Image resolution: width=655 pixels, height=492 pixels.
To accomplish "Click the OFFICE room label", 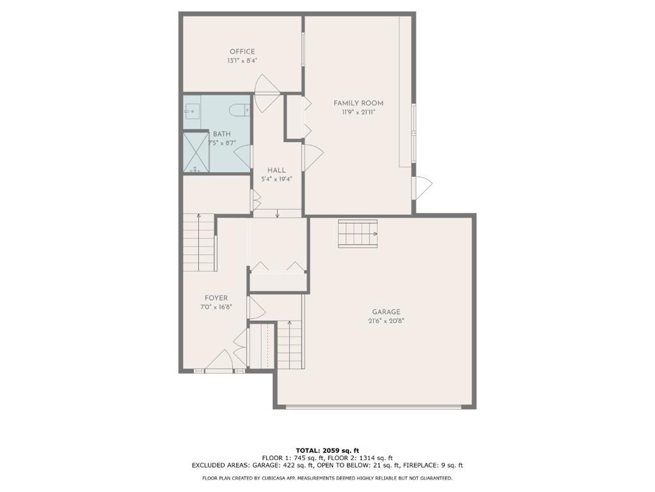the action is (x=242, y=52).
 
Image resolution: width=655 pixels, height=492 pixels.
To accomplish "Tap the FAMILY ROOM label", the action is (x=358, y=103).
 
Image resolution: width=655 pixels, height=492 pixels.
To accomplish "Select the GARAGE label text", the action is (x=386, y=312).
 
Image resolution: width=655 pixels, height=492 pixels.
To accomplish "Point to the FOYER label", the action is (x=216, y=299).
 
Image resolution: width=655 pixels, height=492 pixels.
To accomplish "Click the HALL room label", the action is (x=276, y=170).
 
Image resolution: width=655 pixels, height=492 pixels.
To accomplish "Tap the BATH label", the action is (x=222, y=135).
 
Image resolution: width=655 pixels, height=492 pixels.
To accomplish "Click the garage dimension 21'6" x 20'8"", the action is (x=386, y=322).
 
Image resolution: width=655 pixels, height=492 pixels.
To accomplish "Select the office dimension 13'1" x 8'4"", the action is (x=242, y=61).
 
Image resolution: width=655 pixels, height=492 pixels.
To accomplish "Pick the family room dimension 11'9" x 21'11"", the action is (x=358, y=113).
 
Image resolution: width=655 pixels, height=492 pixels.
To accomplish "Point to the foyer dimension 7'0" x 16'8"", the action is (x=216, y=307).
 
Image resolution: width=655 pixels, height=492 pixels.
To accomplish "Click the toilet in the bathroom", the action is (x=239, y=110).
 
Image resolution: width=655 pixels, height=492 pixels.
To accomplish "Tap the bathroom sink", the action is (x=191, y=111).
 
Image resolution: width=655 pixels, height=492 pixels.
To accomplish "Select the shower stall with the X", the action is (x=196, y=152).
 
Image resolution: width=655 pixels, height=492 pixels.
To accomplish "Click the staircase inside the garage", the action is (x=358, y=233).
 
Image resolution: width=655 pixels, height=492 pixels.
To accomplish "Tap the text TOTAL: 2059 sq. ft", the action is (x=327, y=450).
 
